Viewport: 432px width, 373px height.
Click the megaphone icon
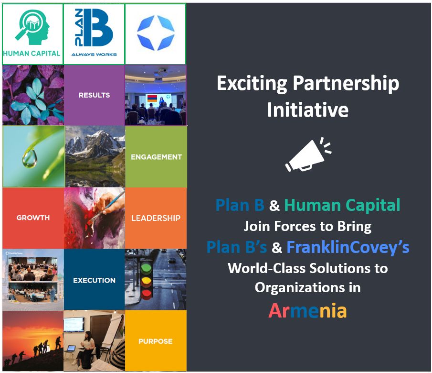(307, 154)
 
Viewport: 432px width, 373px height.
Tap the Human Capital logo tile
(32, 33)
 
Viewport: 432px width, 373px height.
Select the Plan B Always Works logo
(94, 33)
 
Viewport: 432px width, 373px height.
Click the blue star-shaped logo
(156, 33)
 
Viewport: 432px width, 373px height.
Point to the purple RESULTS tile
(94, 95)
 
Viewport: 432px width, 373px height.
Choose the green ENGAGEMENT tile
(156, 157)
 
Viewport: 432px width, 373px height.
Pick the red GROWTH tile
(33, 218)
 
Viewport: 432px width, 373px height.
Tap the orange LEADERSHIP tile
(156, 218)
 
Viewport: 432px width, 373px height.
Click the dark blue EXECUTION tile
(94, 280)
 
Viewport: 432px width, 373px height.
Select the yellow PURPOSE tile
(156, 341)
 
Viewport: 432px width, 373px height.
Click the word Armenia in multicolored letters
(307, 311)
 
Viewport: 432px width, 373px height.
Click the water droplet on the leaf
(29, 159)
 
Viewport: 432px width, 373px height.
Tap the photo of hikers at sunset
(33, 341)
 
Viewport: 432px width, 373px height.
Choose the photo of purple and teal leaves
(33, 95)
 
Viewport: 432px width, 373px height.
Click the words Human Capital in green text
(342, 205)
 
